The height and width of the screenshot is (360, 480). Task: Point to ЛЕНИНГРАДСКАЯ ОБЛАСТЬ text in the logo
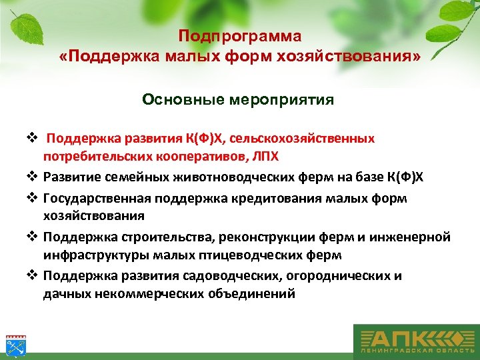click(x=413, y=351)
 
